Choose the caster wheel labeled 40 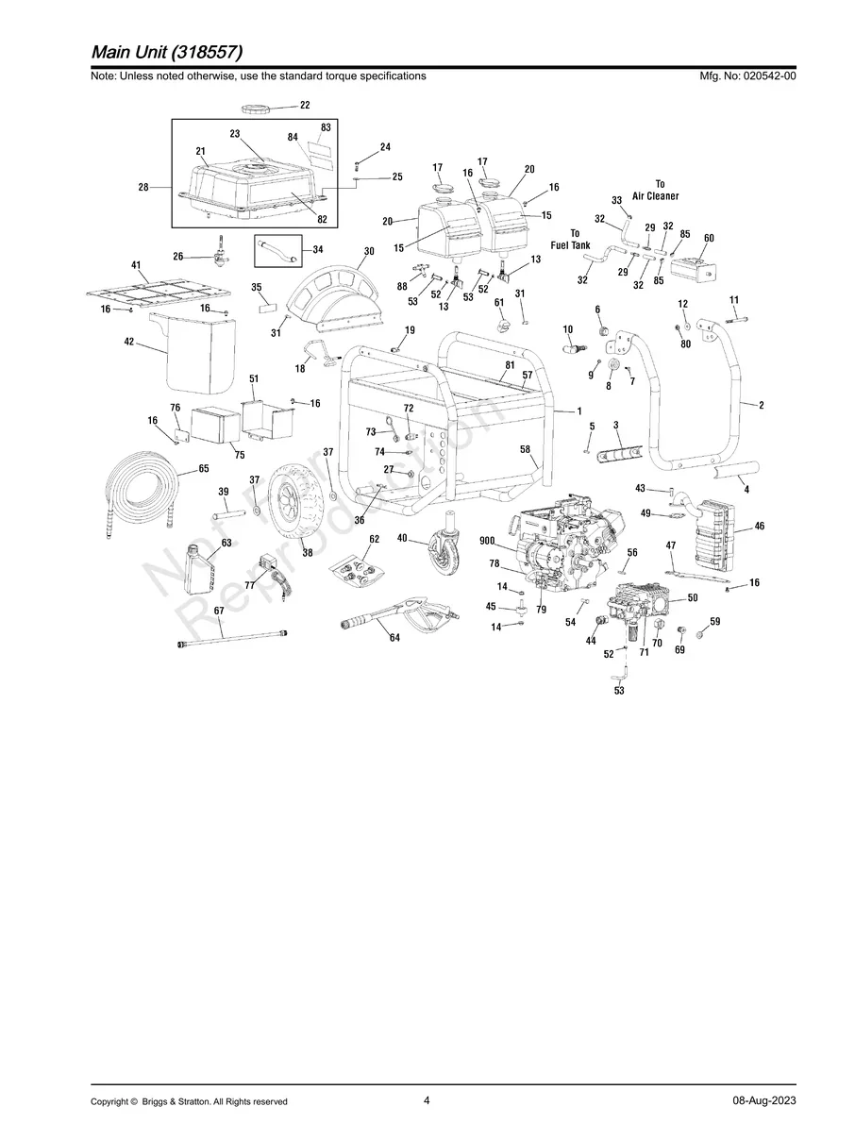coord(446,551)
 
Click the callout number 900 coord(487,540)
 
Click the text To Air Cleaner coord(656,190)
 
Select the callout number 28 coord(143,188)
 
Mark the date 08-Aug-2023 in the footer coord(763,1101)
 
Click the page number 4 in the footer coord(427,1100)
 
